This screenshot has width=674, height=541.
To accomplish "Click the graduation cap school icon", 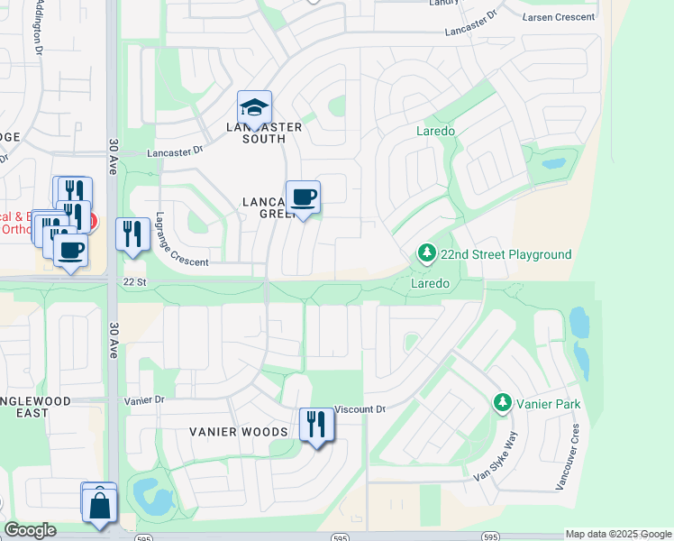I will [x=254, y=108].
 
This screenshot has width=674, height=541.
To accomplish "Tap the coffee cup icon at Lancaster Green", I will [x=303, y=197].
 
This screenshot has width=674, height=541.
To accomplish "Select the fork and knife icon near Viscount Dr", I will [x=315, y=424].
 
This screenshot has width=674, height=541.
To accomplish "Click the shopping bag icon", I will [x=99, y=505].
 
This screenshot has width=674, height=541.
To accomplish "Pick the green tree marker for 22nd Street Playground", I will [x=427, y=255].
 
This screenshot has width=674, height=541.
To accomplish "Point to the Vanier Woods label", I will [x=238, y=432].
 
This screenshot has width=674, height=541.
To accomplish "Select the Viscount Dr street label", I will [x=360, y=409].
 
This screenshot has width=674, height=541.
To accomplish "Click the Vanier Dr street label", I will [x=146, y=399].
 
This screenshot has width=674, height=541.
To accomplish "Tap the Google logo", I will [x=30, y=530].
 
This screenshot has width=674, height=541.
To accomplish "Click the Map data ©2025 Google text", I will [x=618, y=534].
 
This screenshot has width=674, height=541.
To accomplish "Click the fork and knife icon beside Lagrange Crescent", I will [x=132, y=234].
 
